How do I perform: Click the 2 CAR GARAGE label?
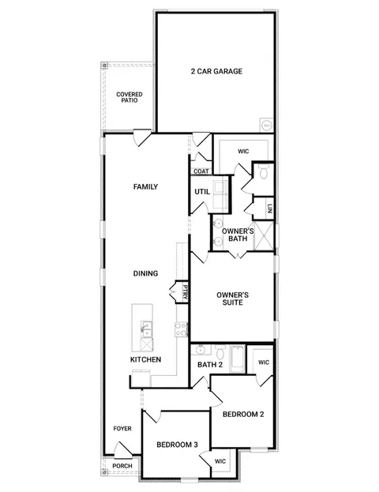(216, 71)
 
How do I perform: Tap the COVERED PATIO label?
(129, 97)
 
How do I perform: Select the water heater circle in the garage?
(267, 126)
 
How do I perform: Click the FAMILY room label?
(145, 186)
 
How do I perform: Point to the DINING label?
(145, 273)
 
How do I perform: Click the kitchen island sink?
(146, 329)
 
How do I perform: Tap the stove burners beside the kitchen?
(181, 330)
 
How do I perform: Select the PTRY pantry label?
(185, 293)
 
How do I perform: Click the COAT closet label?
(201, 171)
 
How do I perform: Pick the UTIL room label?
(202, 191)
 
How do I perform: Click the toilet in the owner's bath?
(264, 173)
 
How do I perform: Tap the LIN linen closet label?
(269, 208)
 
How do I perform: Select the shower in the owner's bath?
(264, 236)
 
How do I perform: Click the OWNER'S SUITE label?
(232, 299)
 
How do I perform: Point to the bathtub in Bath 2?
(237, 359)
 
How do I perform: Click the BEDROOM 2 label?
(243, 414)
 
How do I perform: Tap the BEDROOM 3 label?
(178, 445)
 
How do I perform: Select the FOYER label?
(122, 428)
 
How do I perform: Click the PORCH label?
(122, 466)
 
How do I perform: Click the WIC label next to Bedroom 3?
(220, 461)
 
